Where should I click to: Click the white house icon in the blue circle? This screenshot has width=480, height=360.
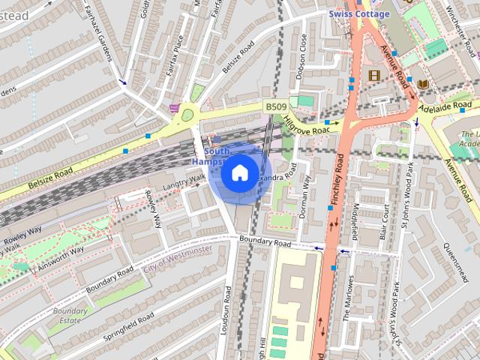pos(238,173)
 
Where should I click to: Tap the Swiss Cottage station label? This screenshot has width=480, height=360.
pos(358,14)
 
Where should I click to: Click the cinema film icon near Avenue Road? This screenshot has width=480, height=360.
pos(374,75)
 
